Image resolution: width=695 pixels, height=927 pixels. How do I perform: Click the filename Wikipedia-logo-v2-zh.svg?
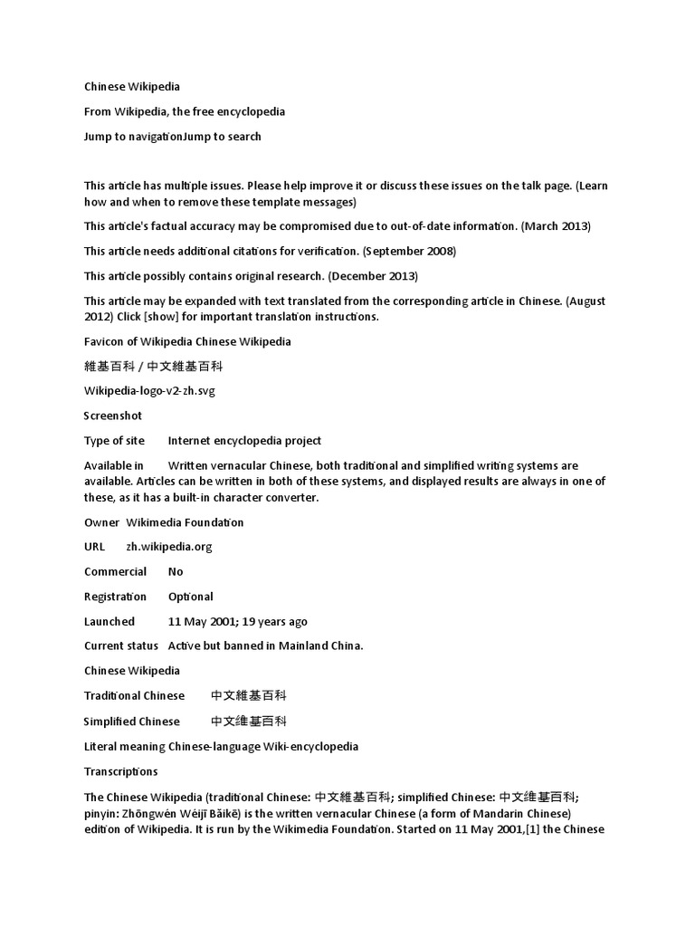(x=150, y=391)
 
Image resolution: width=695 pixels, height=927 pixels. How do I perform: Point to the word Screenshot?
(x=113, y=416)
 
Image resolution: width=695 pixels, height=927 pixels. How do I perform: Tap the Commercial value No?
(x=176, y=572)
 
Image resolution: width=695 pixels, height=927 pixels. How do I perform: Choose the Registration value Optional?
(x=191, y=597)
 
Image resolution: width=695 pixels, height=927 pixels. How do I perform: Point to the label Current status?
(x=121, y=646)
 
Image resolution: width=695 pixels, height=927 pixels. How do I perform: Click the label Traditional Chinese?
(x=134, y=696)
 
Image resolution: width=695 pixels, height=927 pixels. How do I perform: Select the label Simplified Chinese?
(x=132, y=722)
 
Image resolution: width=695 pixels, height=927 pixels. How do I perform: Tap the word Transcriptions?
(x=121, y=771)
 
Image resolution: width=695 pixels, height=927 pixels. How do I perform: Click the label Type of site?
(x=116, y=441)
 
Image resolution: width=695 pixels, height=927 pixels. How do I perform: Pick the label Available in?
(x=114, y=465)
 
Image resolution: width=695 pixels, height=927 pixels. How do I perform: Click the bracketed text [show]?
(x=169, y=317)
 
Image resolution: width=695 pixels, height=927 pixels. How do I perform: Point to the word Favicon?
(x=105, y=341)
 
